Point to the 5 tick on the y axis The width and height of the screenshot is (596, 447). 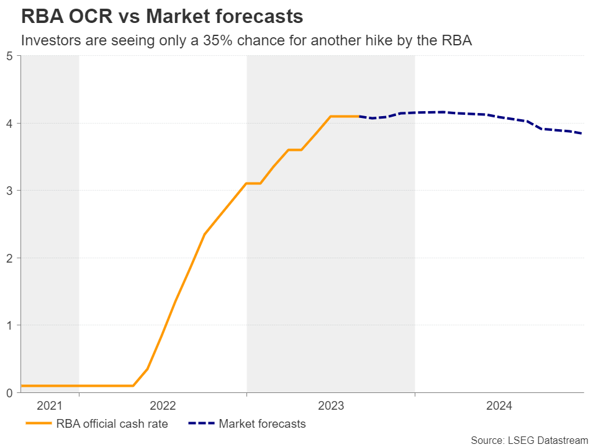click(10, 56)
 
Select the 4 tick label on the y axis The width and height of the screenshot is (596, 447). click(10, 123)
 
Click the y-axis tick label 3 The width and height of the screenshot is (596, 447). click(10, 191)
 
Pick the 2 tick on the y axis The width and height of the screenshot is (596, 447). click(10, 258)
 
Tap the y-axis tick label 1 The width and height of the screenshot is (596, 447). click(10, 325)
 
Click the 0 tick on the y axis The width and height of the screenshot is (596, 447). click(10, 392)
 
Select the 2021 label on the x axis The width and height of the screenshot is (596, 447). click(50, 406)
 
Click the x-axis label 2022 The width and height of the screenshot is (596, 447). click(163, 406)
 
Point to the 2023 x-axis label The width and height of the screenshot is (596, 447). click(331, 406)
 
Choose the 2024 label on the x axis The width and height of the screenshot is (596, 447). click(499, 406)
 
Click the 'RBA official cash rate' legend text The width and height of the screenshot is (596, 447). click(112, 424)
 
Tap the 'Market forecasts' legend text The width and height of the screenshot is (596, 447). click(263, 424)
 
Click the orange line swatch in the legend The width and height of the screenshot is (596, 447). click(38, 424)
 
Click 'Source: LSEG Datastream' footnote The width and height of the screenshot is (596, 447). click(529, 440)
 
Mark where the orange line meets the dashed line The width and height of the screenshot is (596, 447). click(359, 117)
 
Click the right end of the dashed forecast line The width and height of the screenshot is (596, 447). click(582, 133)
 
